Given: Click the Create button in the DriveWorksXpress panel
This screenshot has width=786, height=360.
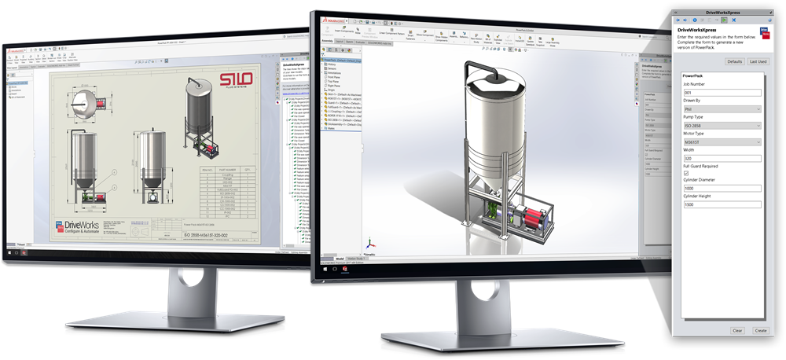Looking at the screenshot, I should coord(760,330).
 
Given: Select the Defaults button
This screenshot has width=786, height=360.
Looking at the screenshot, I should coord(735,61).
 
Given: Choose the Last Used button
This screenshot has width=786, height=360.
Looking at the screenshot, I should coord(758,61).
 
